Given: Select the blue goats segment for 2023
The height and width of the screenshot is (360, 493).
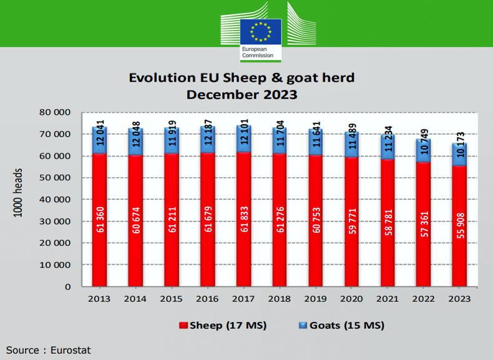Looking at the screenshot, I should click(459, 155).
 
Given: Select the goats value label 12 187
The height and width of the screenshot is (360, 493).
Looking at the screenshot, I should click(207, 139).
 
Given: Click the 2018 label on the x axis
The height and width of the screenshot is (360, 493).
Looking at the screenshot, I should click(279, 299).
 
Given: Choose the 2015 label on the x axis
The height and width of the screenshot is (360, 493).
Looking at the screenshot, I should click(171, 299).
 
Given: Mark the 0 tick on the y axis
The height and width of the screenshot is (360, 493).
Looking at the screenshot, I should click(67, 287).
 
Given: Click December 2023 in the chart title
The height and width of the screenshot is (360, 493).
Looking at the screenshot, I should click(242, 95).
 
